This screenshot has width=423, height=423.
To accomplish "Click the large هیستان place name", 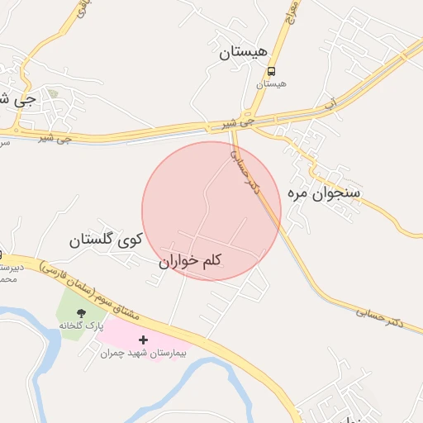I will (244, 53).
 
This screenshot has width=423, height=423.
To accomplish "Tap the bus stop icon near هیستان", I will (272, 72).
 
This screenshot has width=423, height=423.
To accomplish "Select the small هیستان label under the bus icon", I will (272, 84).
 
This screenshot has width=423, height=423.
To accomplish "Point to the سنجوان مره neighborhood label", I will (324, 192).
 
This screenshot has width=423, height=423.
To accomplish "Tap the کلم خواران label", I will (191, 261).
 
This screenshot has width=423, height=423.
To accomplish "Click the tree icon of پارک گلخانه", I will (81, 312).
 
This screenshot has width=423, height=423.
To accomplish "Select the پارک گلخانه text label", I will (83, 326).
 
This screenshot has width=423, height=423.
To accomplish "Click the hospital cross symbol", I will (144, 340).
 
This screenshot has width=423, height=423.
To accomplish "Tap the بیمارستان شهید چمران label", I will (144, 354).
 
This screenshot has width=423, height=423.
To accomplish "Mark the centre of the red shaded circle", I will (211, 211).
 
